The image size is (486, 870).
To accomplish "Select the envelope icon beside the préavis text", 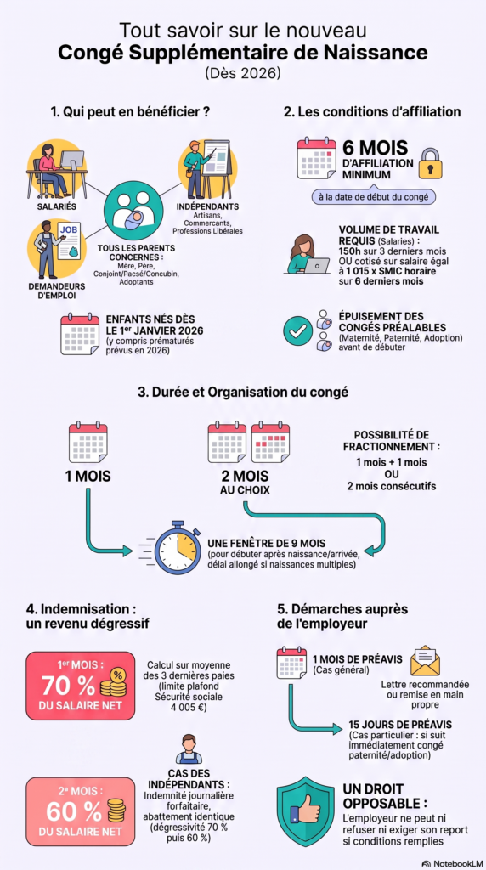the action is click(x=425, y=660).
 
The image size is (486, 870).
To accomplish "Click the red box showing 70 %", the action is click(x=80, y=686).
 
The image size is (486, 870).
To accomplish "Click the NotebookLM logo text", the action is click(x=453, y=863).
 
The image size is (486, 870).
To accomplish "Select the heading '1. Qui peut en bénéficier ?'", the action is click(x=130, y=112).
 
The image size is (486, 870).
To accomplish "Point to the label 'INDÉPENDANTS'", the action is click(x=208, y=206).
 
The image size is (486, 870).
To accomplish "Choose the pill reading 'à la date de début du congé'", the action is click(x=373, y=197).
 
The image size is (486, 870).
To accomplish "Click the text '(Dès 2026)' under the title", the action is click(x=242, y=73).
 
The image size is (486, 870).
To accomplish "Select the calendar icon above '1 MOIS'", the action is click(x=88, y=443).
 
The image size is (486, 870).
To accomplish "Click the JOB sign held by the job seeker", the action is click(x=70, y=238).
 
